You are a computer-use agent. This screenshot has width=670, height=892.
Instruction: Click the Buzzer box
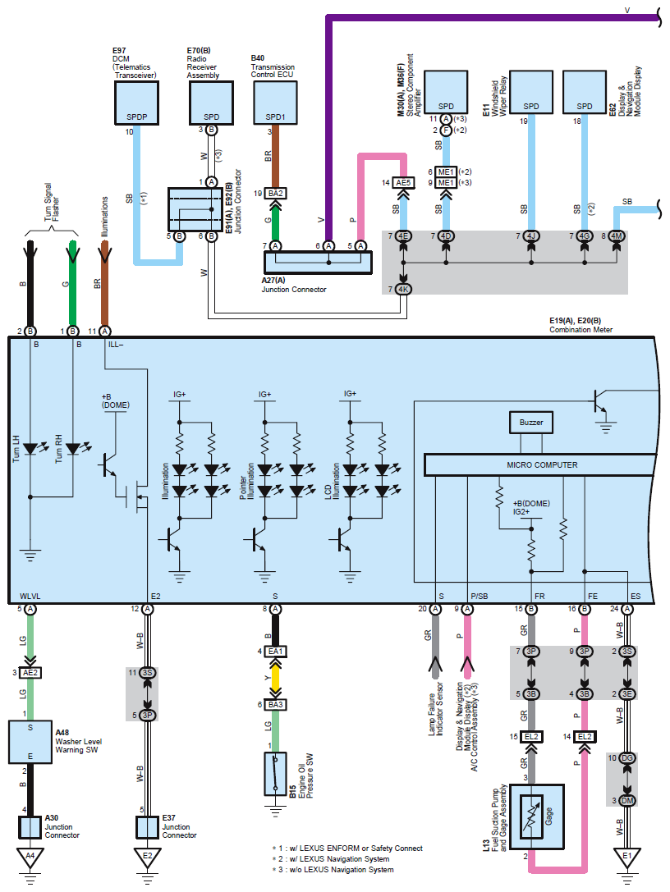(x=530, y=423)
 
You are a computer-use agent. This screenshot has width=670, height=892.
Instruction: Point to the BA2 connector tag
(x=275, y=194)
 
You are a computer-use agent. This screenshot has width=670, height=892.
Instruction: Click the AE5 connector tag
(x=402, y=182)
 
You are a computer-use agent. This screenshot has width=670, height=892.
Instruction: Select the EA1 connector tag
(x=275, y=651)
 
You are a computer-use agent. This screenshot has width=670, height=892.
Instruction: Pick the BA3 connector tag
(x=275, y=706)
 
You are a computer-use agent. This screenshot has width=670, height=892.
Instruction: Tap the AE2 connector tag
(x=30, y=672)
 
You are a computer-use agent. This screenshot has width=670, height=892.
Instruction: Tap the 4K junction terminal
(x=402, y=289)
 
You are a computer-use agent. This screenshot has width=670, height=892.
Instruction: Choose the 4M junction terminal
(x=617, y=236)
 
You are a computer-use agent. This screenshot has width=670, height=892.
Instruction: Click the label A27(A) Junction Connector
(x=294, y=285)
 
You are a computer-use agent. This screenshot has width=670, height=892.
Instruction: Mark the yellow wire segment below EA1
(x=275, y=678)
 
